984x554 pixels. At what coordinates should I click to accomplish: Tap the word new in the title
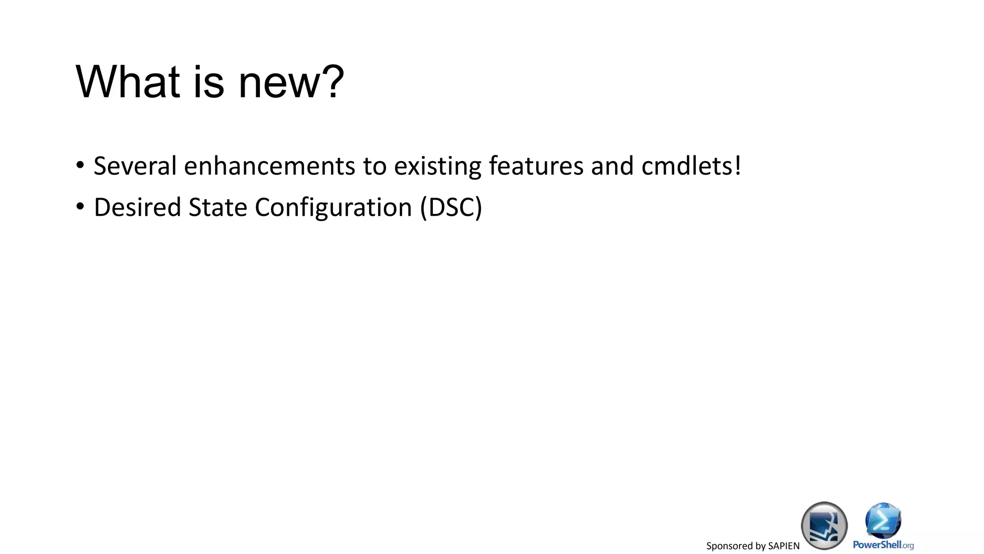(279, 83)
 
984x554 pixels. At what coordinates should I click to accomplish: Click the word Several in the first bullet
(135, 166)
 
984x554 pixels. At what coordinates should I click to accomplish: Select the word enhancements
(270, 166)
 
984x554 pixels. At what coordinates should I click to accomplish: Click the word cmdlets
(687, 166)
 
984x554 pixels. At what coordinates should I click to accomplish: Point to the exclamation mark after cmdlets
(738, 166)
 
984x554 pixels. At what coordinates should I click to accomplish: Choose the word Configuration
(333, 208)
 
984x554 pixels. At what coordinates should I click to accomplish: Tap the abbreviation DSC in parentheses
(451, 207)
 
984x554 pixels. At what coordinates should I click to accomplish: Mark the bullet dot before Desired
(80, 207)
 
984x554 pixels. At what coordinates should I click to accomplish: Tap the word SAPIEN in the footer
(784, 546)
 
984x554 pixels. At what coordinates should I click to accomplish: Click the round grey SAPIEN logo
(824, 526)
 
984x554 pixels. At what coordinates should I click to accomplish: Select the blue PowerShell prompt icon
(883, 521)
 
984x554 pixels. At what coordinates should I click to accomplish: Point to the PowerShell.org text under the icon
(883, 545)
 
